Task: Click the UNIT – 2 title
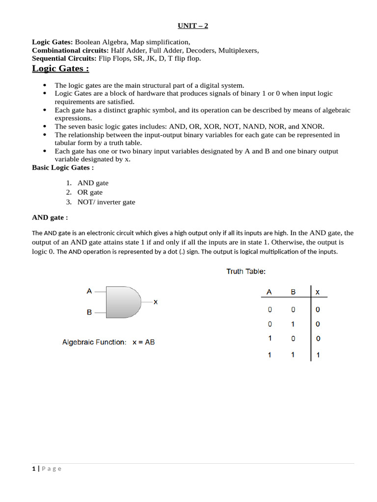192,25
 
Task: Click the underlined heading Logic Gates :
60,68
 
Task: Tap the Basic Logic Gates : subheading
63,168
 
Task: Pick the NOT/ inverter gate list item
106,202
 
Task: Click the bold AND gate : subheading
50,217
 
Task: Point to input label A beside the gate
89,291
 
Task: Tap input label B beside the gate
89,312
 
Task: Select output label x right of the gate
156,302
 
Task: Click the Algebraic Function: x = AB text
108,342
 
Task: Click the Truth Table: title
246,271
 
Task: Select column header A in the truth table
269,292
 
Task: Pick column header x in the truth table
318,292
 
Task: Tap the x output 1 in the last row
318,355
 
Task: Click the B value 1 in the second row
293,324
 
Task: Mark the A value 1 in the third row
269,338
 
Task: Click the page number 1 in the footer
34,469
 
